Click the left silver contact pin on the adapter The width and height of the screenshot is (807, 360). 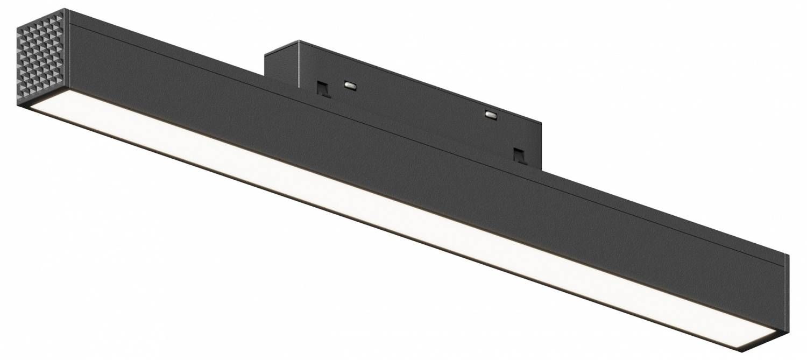[x=350, y=84]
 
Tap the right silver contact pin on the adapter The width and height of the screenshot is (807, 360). [x=491, y=114]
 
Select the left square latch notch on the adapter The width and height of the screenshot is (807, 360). [x=323, y=89]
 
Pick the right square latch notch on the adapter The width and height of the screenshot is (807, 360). [x=519, y=154]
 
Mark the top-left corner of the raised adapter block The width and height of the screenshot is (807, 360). [x=265, y=54]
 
